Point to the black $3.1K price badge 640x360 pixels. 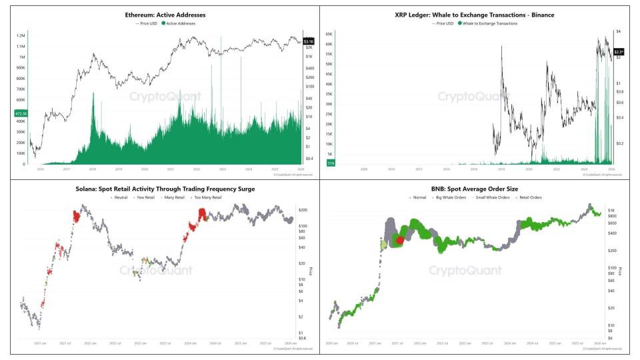pyautogui.click(x=308, y=41)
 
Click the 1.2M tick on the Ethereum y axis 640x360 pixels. pyautogui.click(x=21, y=35)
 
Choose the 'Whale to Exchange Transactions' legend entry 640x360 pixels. pyautogui.click(x=489, y=23)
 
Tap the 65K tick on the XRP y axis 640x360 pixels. pyautogui.click(x=329, y=32)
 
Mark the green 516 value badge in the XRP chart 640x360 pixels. pyautogui.click(x=330, y=162)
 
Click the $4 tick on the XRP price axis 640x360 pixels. pyautogui.click(x=618, y=32)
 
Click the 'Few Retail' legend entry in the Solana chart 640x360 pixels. pyautogui.click(x=147, y=198)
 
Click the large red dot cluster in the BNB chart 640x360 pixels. pyautogui.click(x=399, y=240)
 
